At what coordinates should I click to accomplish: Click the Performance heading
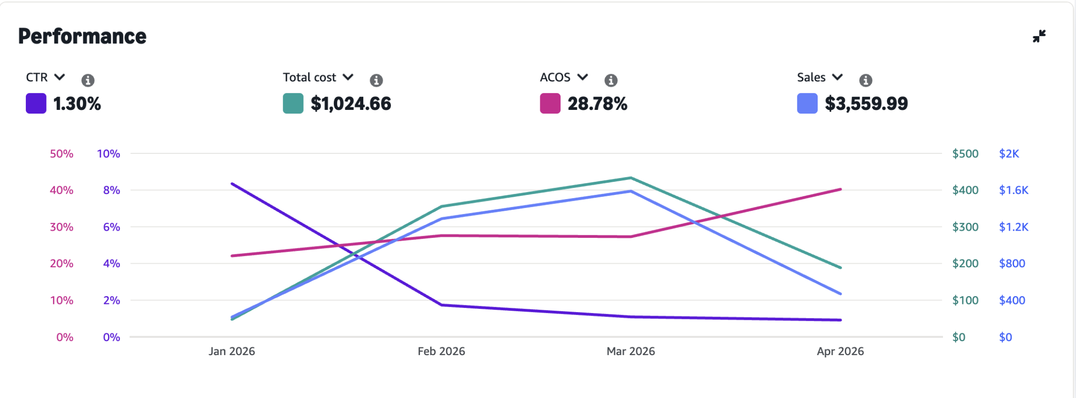(x=82, y=37)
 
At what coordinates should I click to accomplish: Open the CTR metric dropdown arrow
(x=60, y=77)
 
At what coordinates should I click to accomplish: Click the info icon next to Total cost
(x=376, y=80)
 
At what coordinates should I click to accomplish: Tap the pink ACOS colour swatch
(x=550, y=103)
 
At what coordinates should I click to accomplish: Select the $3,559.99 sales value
(x=866, y=104)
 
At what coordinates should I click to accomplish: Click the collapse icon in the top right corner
(x=1039, y=36)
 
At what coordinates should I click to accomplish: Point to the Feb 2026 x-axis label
(x=441, y=351)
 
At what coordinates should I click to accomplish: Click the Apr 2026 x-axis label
(x=840, y=351)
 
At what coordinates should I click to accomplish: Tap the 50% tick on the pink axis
(x=62, y=154)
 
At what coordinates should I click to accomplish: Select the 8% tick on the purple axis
(x=111, y=190)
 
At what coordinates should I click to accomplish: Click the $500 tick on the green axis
(x=965, y=154)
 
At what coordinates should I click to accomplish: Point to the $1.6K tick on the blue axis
(x=1014, y=190)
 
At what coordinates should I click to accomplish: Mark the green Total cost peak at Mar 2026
(x=631, y=178)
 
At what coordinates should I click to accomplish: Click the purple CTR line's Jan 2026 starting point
(x=232, y=184)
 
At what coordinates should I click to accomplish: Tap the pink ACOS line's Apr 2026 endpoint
(x=840, y=189)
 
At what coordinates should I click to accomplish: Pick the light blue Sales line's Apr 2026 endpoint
(x=840, y=294)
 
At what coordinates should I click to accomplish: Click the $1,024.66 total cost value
(x=351, y=104)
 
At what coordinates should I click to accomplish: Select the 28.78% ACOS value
(x=597, y=104)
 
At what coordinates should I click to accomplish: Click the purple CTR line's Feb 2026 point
(x=442, y=305)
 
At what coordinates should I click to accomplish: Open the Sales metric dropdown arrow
(x=838, y=77)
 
